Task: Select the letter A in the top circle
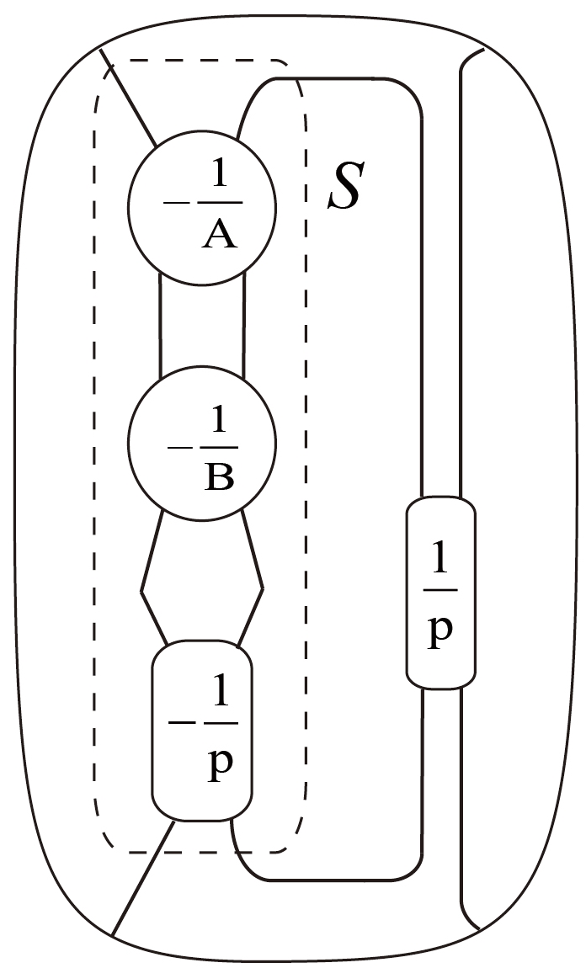tap(221, 235)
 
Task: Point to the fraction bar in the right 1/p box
tap(440, 591)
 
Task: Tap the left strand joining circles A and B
tap(160, 324)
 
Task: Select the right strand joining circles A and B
tap(244, 324)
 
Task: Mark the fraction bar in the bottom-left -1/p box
tap(220, 722)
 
